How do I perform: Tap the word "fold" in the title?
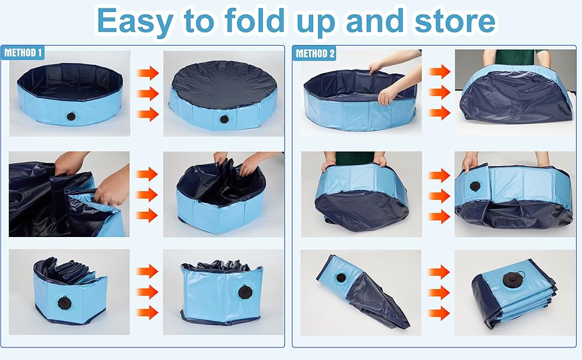254,20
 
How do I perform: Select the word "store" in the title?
455,21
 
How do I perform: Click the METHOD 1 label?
23,53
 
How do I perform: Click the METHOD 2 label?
314,53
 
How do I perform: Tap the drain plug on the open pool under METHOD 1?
71,116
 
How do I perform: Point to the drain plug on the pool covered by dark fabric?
224,119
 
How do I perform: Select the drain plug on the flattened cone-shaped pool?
340,278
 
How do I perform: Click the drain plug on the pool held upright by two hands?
475,186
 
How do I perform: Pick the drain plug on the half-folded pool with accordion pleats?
65,303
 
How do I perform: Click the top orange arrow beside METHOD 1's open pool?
148,73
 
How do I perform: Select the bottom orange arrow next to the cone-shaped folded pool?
439,313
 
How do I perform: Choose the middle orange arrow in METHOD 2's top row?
440,92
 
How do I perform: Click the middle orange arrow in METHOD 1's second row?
148,194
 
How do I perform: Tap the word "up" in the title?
318,23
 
